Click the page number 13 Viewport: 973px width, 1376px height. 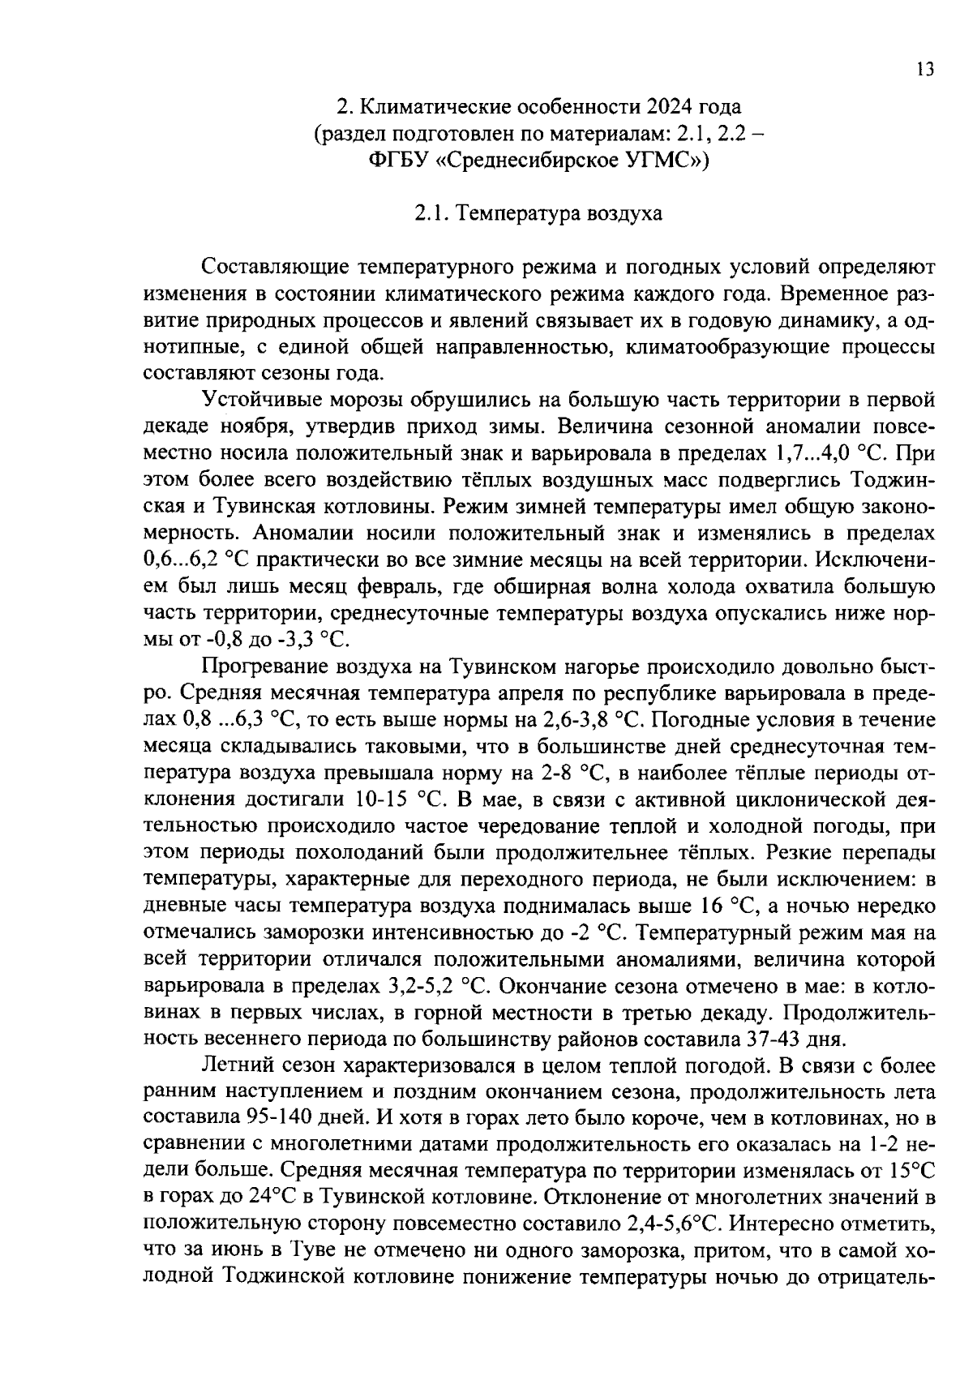click(925, 69)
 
